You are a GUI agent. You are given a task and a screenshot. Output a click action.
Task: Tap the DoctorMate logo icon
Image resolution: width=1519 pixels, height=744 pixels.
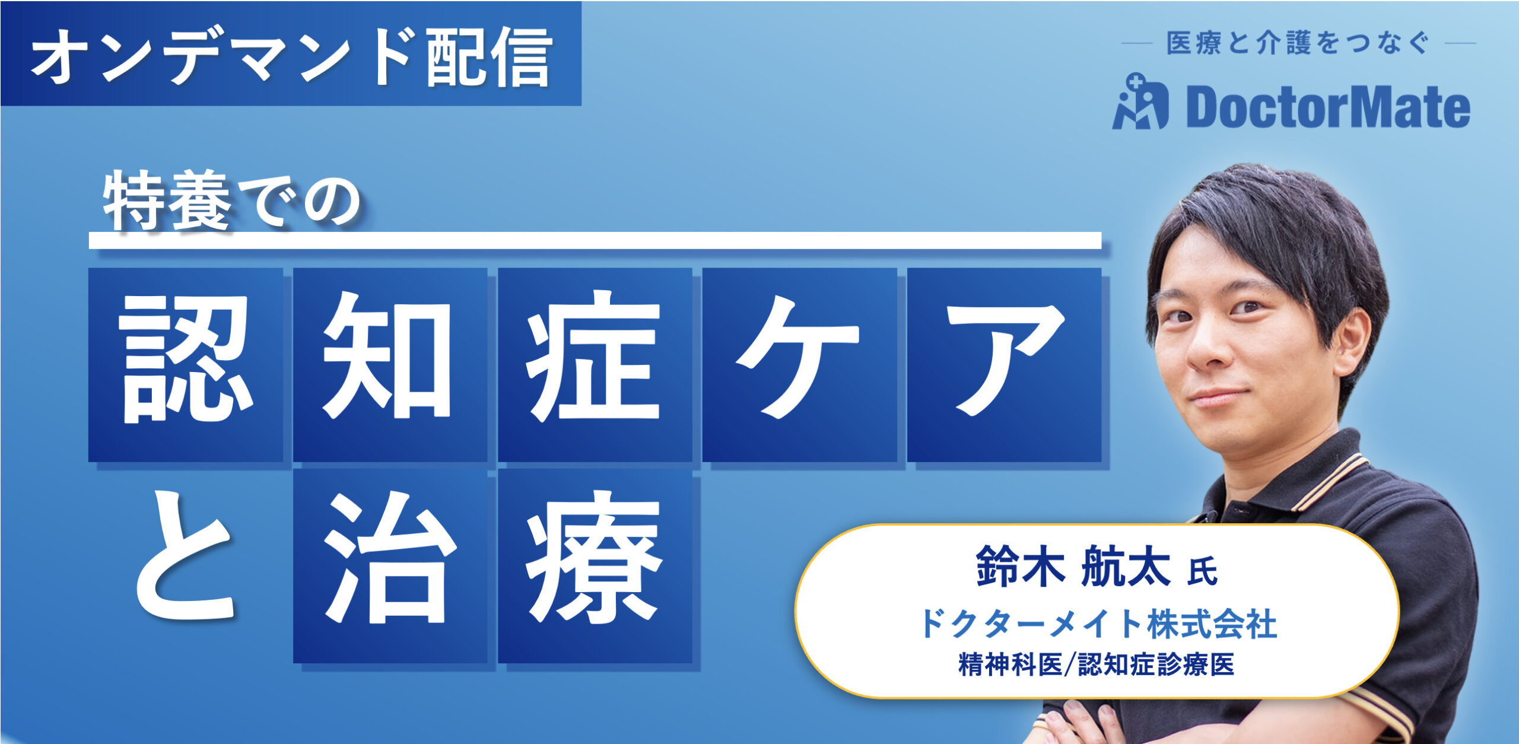1139,103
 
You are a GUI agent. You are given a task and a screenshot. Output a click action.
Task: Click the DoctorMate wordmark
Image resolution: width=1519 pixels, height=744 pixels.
1328,107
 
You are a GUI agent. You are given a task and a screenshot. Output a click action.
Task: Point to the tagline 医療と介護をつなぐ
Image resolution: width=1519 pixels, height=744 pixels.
1298,43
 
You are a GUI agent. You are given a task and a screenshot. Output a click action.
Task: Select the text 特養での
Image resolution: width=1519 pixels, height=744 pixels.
231,201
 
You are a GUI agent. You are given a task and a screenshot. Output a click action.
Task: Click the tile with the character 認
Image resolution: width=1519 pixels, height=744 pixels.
186,364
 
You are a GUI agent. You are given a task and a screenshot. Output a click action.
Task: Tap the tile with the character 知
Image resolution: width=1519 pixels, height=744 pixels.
390,364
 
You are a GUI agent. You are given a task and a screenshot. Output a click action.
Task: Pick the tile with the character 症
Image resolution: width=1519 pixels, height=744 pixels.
595,364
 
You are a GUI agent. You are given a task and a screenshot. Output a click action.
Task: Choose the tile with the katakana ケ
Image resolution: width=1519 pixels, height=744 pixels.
799,364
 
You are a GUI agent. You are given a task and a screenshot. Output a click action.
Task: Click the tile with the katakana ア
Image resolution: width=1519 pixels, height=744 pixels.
1004,364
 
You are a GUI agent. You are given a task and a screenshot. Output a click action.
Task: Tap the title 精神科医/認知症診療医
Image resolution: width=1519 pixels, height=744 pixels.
1096,664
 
